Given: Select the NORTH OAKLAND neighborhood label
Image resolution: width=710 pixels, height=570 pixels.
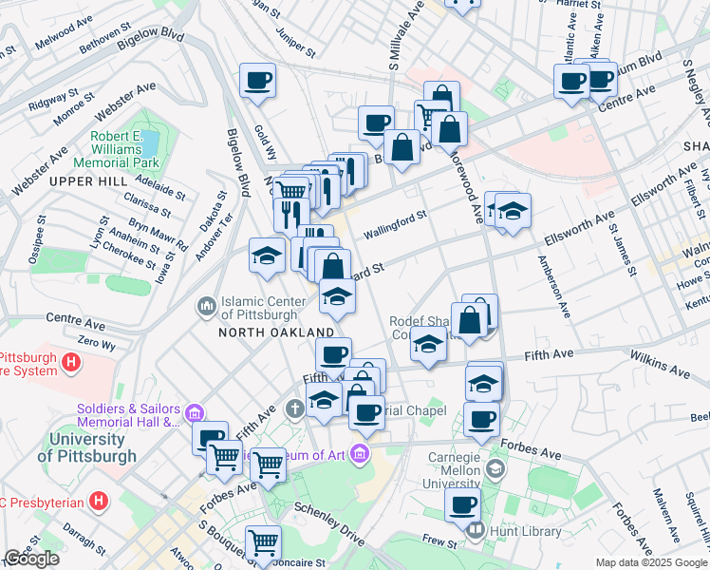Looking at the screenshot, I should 276,332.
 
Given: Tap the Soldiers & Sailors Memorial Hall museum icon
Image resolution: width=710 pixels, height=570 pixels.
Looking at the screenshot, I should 195,413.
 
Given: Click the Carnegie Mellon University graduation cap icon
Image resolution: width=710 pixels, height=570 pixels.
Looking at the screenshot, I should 495,469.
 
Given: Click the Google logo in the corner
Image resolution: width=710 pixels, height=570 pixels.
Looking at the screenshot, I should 31,559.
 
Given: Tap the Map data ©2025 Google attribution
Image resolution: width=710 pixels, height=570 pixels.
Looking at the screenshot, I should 651,562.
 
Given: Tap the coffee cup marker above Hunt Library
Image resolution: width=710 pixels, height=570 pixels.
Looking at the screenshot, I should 463,505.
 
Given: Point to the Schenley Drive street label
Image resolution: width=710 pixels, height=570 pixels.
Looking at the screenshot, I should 329,524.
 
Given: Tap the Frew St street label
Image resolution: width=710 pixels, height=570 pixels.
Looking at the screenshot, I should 440,540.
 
